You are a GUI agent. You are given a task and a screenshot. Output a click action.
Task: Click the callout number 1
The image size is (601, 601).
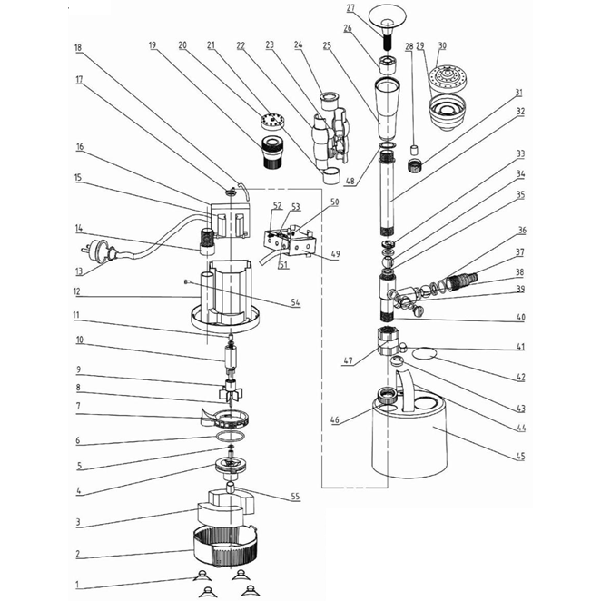tap(78, 585)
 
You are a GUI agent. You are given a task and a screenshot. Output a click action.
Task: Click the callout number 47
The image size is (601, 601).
tap(346, 360)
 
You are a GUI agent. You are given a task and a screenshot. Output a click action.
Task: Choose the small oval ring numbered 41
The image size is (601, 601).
tap(422, 350)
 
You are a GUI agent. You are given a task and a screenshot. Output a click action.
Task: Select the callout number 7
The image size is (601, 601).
tap(78, 406)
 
